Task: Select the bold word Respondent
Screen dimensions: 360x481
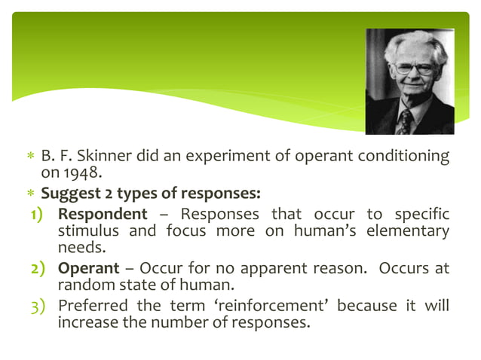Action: [x=103, y=215]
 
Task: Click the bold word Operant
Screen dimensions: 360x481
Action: [x=88, y=268]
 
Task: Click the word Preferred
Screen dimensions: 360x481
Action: [x=91, y=306]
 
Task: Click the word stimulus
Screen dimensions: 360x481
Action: [x=87, y=230]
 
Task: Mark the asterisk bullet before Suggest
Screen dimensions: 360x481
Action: [x=31, y=194]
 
